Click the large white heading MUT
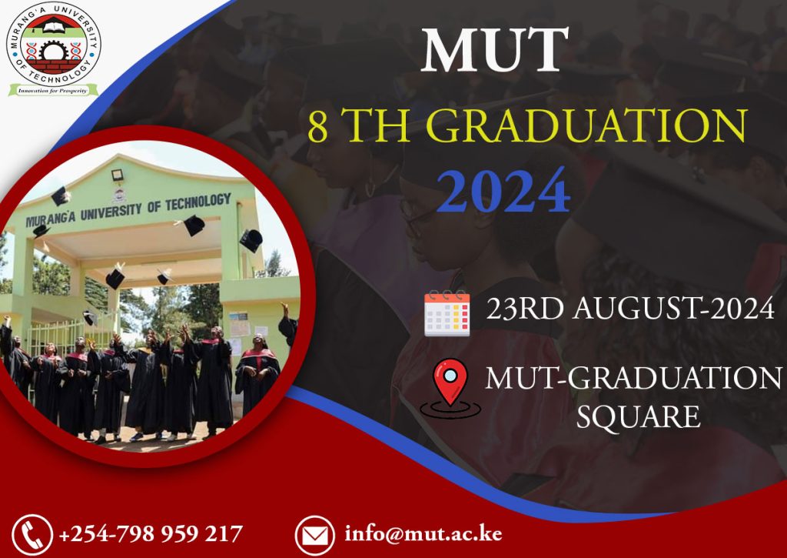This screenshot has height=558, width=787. tap(496, 52)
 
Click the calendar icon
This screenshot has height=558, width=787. tap(447, 312)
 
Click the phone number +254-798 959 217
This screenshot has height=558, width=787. tap(151, 533)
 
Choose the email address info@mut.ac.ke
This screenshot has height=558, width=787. tap(423, 533)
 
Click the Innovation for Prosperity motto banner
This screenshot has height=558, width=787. tap(53, 90)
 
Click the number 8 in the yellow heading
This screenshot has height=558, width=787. tap(319, 127)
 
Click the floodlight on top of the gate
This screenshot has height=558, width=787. tap(118, 175)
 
